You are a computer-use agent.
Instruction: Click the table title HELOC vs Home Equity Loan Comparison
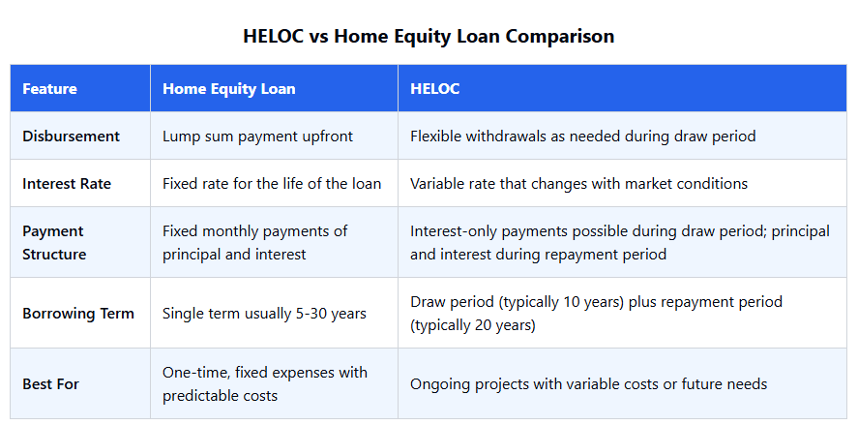point(429,36)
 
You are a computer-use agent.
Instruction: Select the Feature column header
point(49,89)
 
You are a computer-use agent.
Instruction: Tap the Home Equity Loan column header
point(228,89)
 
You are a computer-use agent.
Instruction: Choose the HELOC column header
point(435,89)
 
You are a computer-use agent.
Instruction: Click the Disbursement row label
point(72,136)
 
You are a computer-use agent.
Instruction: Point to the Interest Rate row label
point(67,184)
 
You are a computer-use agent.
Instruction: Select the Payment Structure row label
point(54,243)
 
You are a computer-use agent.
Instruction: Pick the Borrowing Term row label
point(78,314)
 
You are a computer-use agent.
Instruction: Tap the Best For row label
point(51,384)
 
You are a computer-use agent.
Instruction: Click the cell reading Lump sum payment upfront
point(257,136)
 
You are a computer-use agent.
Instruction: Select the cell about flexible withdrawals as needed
point(582,136)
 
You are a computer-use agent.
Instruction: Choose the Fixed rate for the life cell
point(272,184)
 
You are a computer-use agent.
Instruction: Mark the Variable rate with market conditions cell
point(578,184)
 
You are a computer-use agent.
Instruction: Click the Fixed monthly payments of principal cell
point(255,243)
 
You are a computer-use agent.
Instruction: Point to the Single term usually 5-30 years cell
point(264,314)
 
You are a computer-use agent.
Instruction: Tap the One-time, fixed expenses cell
point(265,384)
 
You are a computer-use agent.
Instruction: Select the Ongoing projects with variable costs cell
point(589,384)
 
